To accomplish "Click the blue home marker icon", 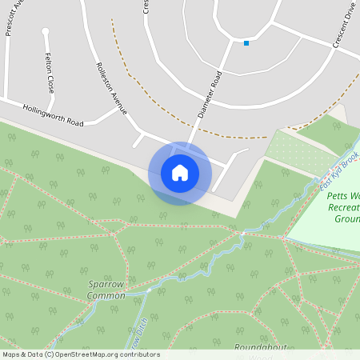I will coord(180,173).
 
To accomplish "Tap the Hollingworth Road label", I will coord(53,115).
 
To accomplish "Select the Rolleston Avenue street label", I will coord(110,88).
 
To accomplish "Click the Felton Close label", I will coord(50,74).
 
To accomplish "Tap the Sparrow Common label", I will coord(106,290).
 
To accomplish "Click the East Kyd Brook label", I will coord(337,174).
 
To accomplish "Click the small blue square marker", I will coord(246,43).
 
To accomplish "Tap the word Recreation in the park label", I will coord(342,206).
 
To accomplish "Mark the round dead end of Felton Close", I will coord(46,32).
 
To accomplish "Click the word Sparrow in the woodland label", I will coord(106,284).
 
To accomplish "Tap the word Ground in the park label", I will coord(346,218).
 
